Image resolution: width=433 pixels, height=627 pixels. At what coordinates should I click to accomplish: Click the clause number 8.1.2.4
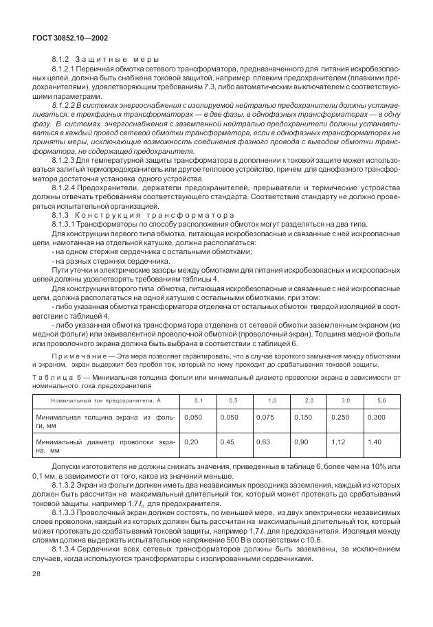66,186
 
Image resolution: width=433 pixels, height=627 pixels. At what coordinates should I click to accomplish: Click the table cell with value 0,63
263,442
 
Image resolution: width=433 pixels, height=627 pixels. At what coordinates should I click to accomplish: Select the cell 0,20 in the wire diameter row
192,442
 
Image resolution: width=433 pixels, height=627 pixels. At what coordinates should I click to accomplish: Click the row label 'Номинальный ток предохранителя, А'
106,400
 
